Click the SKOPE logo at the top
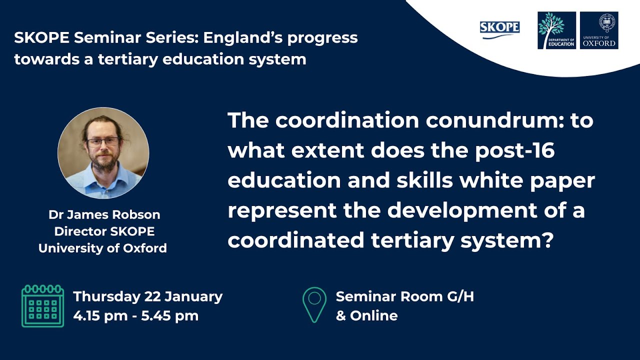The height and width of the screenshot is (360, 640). (x=499, y=29)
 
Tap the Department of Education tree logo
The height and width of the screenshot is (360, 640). (x=556, y=30)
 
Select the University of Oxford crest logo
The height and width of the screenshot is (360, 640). (x=599, y=30)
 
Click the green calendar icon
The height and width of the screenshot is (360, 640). (x=42, y=306)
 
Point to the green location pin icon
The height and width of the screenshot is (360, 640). (x=314, y=304)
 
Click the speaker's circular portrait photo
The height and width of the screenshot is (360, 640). (x=103, y=153)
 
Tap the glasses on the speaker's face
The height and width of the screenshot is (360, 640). (x=103, y=141)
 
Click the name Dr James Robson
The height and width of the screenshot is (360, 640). (x=104, y=215)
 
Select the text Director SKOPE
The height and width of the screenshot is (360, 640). (x=104, y=231)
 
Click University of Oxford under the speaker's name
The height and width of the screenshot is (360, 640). (x=102, y=248)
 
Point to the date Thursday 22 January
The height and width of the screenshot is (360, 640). (x=147, y=296)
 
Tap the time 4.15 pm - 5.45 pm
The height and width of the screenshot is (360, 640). (x=135, y=316)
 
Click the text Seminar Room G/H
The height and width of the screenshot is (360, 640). (x=404, y=296)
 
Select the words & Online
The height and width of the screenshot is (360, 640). (x=366, y=316)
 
